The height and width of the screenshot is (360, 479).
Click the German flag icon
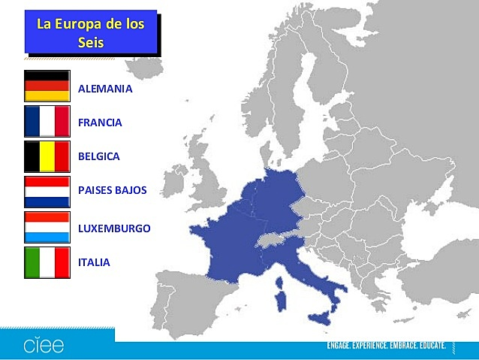pos(47,86)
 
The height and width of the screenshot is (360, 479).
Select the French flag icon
pos(47,122)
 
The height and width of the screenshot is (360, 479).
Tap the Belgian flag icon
pos(47,156)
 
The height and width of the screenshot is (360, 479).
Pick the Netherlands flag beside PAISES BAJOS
pos(47,192)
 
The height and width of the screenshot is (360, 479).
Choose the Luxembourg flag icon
pos(47,227)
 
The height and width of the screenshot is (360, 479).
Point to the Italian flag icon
pos(47,262)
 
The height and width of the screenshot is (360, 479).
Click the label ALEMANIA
pos(105,89)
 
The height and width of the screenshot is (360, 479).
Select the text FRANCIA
pos(100,123)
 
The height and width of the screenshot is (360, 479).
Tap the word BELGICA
pos(98,156)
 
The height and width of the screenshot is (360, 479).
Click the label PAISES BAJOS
pos(112,190)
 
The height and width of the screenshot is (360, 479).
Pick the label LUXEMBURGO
pos(114,228)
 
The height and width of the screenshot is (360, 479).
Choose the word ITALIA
pos(94,262)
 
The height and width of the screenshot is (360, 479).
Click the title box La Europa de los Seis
pos(90,32)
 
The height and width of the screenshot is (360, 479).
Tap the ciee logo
pos(43,346)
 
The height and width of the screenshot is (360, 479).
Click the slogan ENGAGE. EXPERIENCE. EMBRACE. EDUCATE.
pos(386,346)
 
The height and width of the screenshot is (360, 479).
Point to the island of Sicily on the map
pos(324,317)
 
